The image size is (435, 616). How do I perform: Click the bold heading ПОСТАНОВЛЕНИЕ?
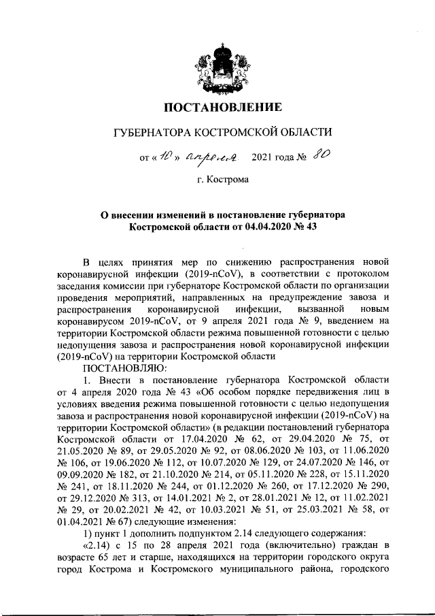pos(217,107)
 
